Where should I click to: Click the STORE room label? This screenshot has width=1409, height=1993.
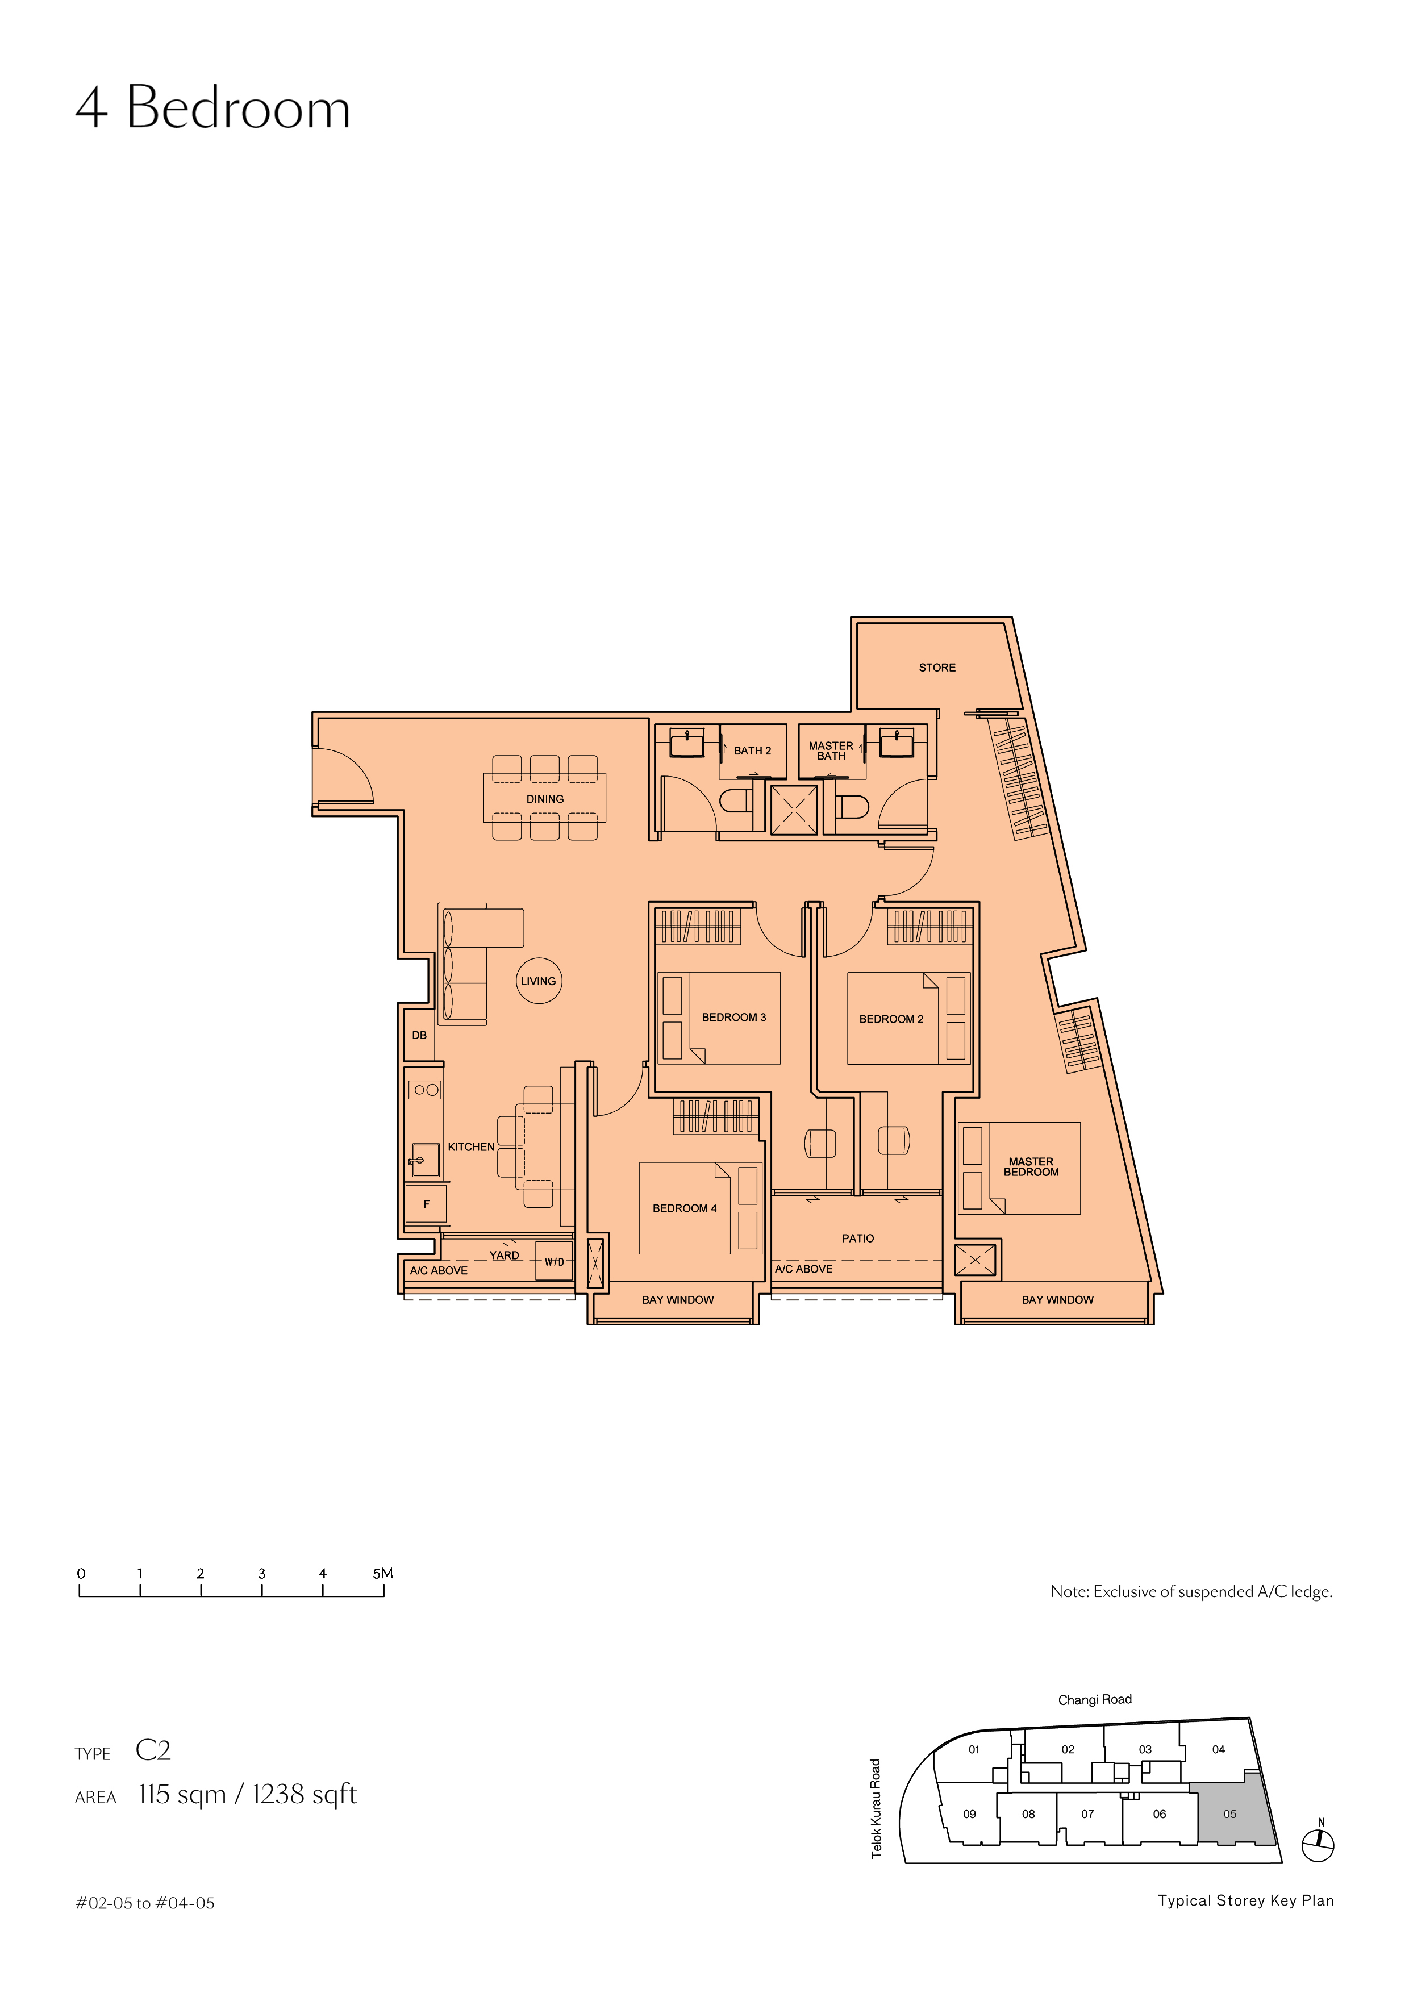coord(937,668)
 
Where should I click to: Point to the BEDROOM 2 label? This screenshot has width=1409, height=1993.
coord(891,1019)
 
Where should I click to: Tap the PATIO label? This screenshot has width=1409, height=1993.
coord(858,1239)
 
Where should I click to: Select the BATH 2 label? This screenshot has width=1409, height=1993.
coord(752,751)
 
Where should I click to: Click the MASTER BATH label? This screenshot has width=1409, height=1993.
coord(831,751)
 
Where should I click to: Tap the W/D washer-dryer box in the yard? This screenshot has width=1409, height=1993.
coord(554,1262)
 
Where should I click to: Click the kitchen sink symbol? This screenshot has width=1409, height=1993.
coord(424,1160)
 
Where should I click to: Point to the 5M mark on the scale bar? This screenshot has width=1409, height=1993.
coord(383,1573)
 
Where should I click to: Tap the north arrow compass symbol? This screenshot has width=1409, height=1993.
coord(1319,1846)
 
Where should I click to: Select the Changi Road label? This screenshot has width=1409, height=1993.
coord(1095,1700)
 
